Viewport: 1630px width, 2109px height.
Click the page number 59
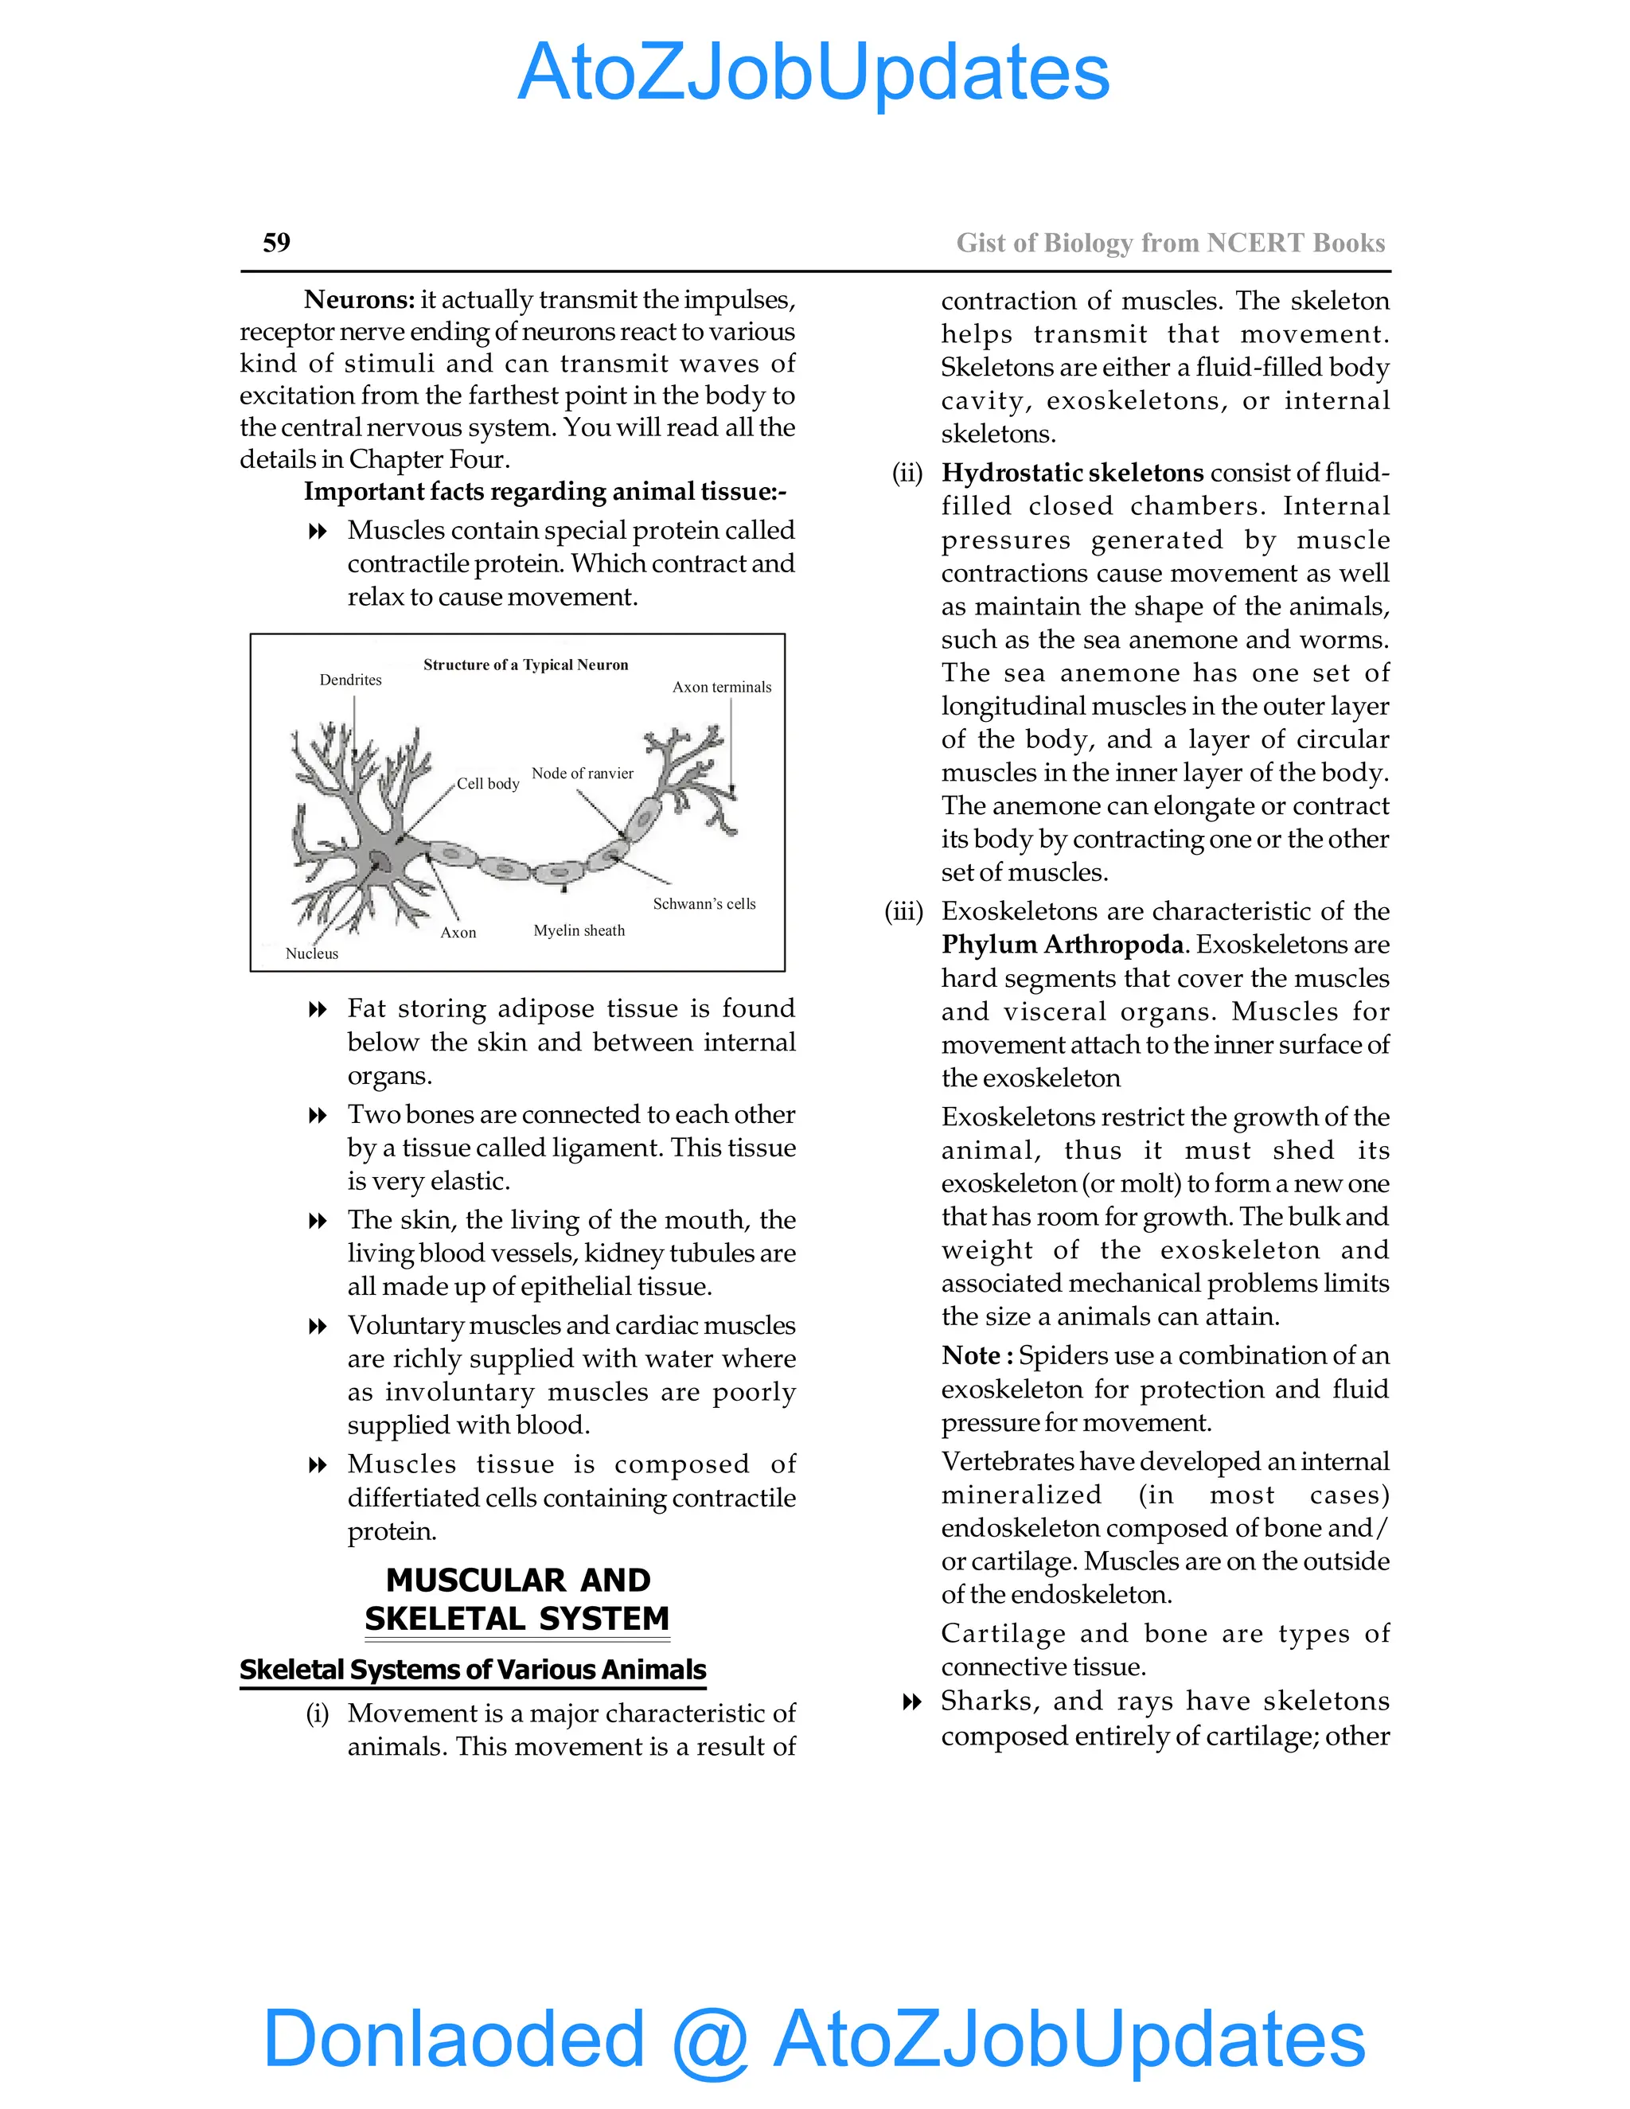276,243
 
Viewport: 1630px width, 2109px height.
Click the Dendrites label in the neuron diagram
350,680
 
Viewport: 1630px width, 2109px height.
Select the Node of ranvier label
583,774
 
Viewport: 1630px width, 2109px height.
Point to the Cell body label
488,783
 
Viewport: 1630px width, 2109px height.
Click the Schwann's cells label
704,904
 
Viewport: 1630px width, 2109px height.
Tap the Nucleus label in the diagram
312,953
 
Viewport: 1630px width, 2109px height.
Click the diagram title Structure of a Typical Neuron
525,665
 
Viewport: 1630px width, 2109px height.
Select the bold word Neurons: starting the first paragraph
359,299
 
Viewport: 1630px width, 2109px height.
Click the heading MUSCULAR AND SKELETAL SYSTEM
517,1599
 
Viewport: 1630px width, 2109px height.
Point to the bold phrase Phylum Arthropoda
1063,945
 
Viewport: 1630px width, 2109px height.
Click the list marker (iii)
904,911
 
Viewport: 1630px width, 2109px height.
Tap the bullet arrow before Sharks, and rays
911,1702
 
